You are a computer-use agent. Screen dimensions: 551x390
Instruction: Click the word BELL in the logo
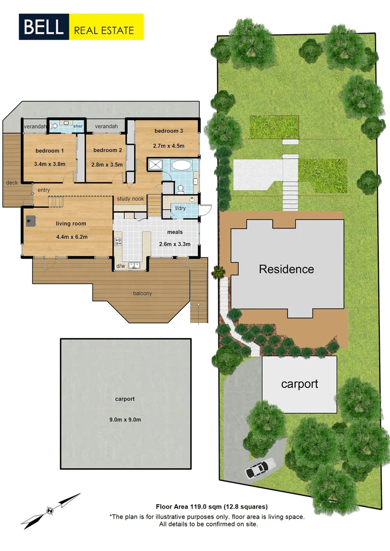(43, 27)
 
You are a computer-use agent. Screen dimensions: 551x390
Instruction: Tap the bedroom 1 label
(50, 151)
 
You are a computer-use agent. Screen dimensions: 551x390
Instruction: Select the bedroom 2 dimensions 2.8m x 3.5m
(107, 165)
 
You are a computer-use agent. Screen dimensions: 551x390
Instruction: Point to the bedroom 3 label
(168, 131)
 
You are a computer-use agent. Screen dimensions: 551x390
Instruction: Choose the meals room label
(174, 232)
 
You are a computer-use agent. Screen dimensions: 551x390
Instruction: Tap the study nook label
(130, 199)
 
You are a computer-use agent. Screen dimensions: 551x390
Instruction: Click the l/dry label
(180, 208)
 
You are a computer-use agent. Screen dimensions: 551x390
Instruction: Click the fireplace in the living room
(31, 221)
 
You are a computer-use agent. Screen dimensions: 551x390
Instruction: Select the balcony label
(143, 293)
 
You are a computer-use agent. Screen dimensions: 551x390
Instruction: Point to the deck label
(12, 182)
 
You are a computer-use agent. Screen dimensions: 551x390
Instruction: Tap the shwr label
(78, 126)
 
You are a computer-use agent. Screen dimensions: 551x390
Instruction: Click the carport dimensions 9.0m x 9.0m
(125, 419)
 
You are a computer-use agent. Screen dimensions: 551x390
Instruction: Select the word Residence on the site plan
(286, 269)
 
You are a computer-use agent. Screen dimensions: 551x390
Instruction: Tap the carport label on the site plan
(300, 384)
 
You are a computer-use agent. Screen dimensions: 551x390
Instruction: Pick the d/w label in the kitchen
(121, 266)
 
